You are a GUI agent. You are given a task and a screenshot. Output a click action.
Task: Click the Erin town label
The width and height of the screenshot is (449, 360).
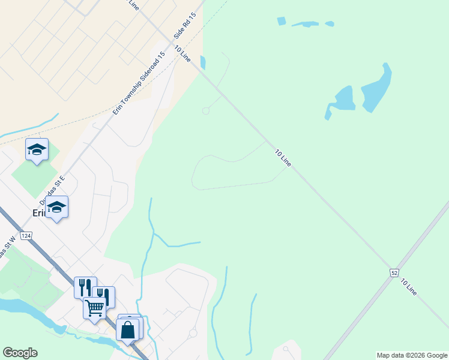pos(40,213)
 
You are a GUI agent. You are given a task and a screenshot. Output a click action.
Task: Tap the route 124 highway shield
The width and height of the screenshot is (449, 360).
pos(25,235)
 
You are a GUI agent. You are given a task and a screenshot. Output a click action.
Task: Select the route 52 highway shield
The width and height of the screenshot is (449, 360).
pos(394,273)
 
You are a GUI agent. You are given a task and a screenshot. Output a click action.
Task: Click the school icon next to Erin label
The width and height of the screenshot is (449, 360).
pos(57,207)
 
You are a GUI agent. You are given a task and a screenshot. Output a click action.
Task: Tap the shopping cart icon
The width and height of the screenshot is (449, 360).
pos(94,308)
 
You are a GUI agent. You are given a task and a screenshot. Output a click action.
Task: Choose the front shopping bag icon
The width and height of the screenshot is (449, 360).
pos(127,329)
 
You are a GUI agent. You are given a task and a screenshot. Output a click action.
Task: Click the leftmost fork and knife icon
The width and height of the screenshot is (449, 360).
pos(85,287)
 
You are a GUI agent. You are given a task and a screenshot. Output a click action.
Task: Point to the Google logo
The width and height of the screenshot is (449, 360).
pos(20,353)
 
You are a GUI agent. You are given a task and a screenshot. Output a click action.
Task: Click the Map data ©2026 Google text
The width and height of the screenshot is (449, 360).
pos(412,355)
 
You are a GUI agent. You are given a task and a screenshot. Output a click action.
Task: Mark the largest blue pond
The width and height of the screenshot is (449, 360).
pos(376,89)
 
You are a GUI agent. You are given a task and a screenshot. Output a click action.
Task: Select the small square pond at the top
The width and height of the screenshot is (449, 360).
pos(282,21)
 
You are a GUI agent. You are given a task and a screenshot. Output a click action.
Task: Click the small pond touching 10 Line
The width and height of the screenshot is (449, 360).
pos(203,62)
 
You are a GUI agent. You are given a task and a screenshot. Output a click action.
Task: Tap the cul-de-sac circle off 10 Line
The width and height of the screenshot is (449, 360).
pos(206,111)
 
